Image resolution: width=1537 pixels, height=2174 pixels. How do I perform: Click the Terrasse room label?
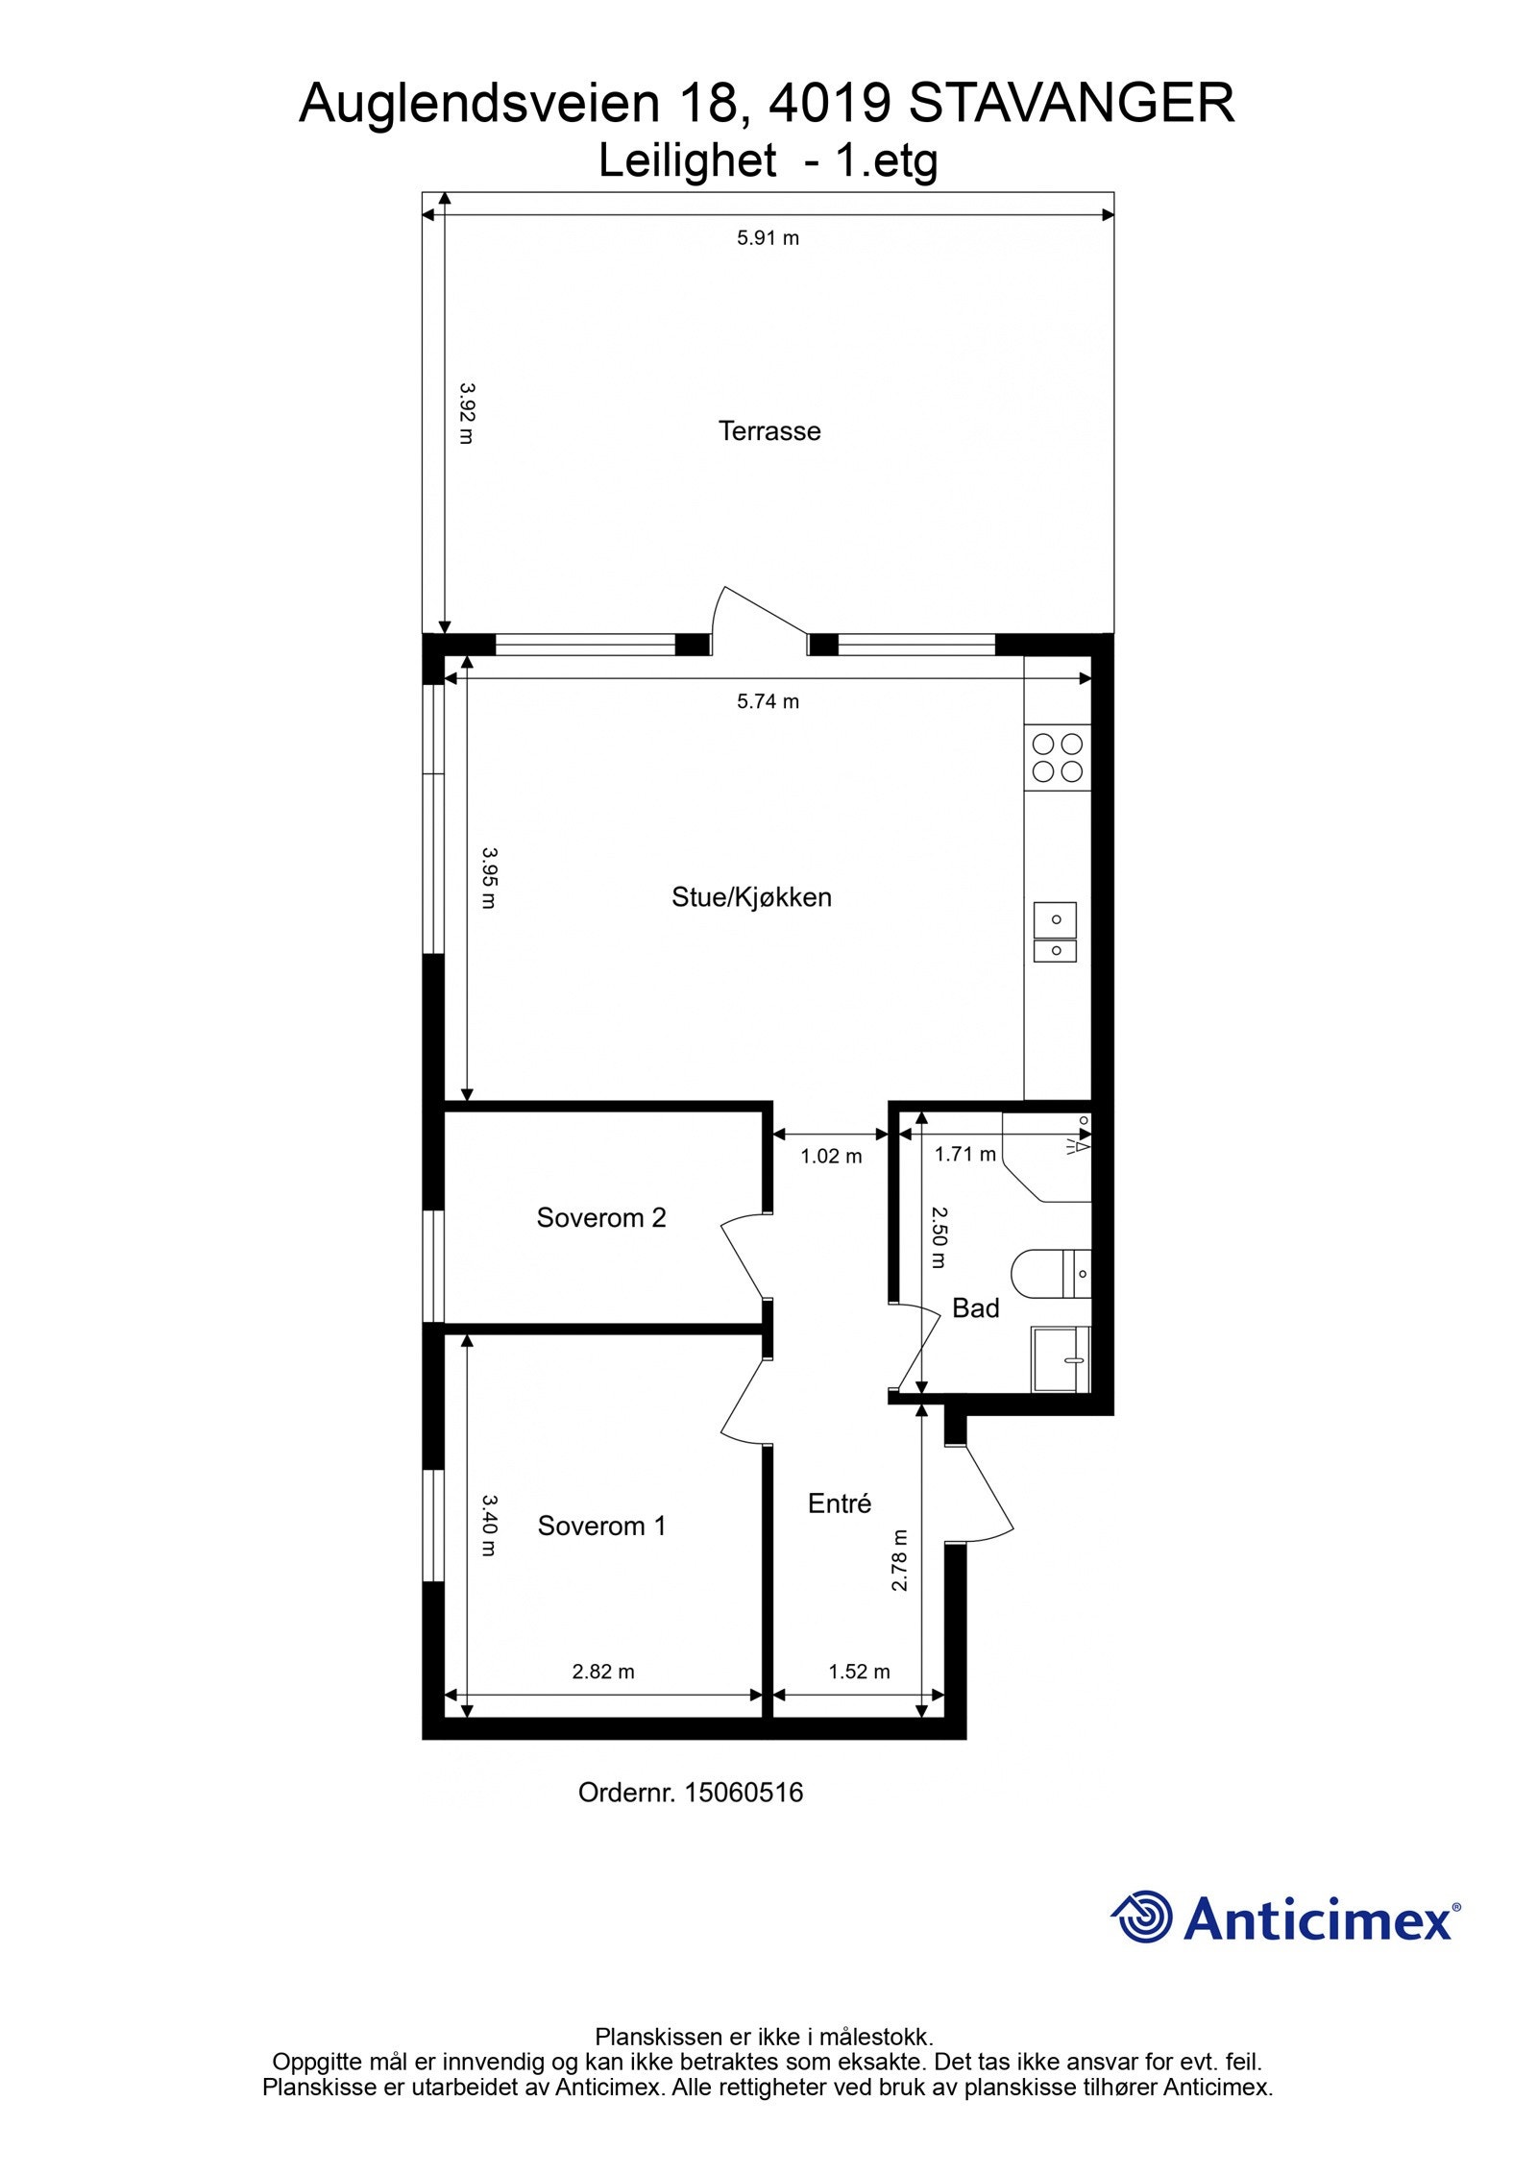768,430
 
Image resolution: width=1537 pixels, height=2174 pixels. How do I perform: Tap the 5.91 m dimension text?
768,237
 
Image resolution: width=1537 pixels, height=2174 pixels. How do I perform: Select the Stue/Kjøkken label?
751,897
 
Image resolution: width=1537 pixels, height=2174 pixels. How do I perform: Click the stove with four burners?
1057,757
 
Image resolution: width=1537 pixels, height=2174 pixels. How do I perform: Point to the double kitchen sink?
1055,932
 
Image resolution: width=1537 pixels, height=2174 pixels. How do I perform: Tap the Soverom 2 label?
600,1217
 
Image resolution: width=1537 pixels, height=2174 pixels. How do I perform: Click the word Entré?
839,1503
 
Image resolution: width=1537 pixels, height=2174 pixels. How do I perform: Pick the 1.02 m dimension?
831,1157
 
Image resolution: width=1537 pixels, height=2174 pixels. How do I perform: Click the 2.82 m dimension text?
603,1672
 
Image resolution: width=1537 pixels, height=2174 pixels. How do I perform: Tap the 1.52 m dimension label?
859,1672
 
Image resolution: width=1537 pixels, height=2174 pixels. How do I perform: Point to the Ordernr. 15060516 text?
690,1793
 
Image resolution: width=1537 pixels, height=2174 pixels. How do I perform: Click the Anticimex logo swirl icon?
1142,1917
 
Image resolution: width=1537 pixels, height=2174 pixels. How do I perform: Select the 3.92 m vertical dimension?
466,413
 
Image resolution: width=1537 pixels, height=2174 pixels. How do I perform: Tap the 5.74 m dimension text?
768,701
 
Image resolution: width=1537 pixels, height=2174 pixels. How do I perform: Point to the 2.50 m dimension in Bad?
939,1238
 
